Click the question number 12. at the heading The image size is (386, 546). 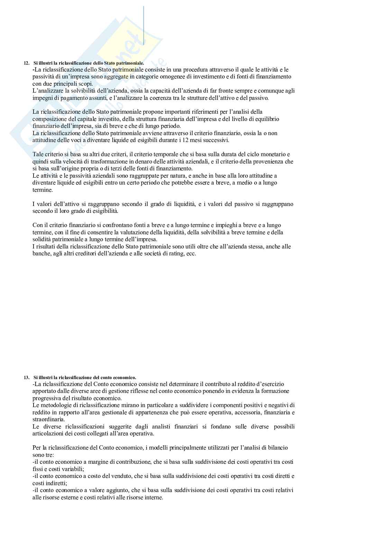[26, 64]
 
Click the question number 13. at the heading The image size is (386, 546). [26, 378]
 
